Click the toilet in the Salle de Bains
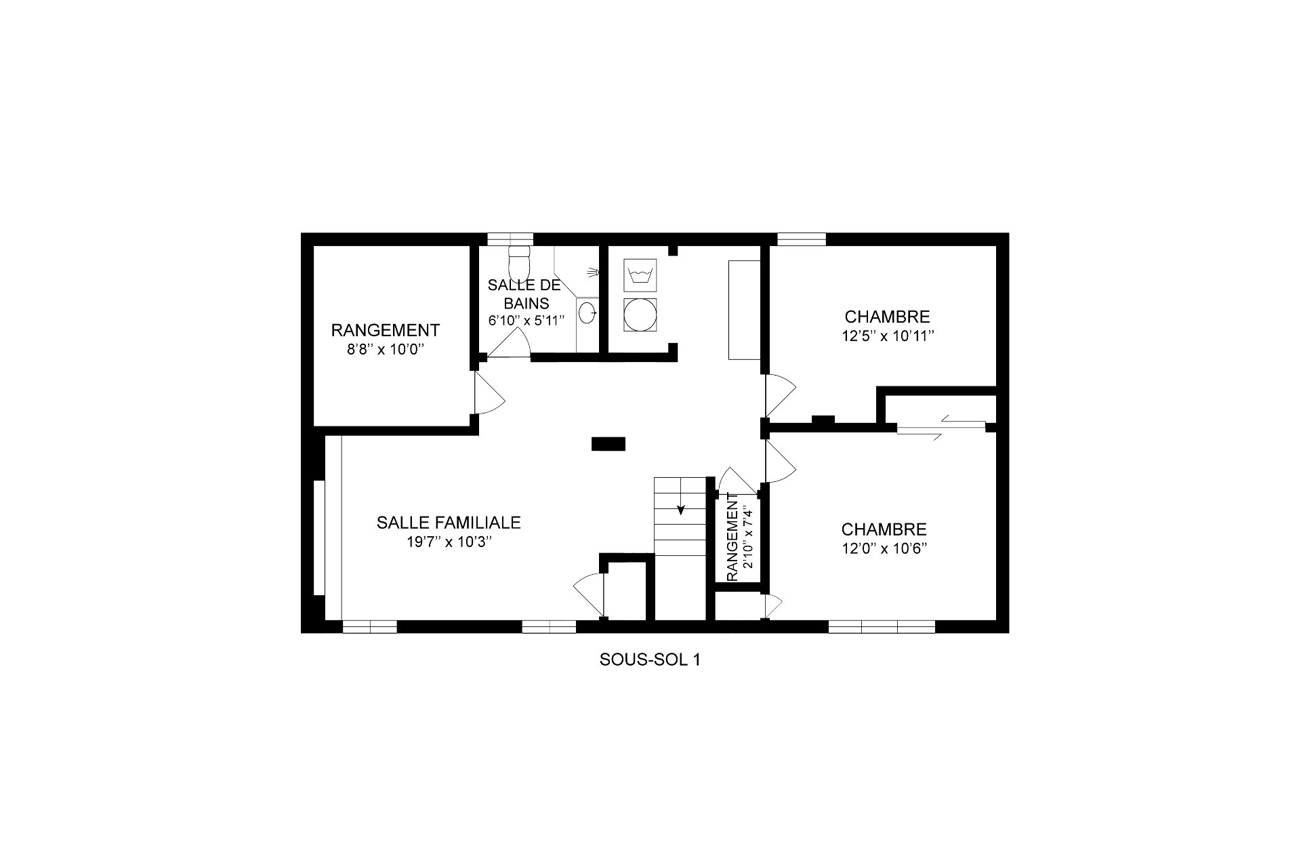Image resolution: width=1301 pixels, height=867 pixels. (519, 260)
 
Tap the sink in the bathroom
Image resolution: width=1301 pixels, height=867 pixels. (588, 313)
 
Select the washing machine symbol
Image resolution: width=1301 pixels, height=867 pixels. (640, 275)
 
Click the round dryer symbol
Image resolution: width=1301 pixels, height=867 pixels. (640, 315)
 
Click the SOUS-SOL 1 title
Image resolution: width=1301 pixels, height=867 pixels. (649, 660)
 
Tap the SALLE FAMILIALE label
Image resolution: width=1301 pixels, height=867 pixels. (449, 523)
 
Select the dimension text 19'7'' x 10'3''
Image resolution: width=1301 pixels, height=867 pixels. (449, 542)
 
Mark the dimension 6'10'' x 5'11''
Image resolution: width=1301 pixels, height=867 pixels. (526, 321)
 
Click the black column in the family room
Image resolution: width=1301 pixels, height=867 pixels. (608, 444)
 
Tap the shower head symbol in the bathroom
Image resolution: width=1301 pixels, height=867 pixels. (595, 272)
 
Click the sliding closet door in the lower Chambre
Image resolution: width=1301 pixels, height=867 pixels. (941, 428)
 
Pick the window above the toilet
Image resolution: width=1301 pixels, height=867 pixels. (511, 239)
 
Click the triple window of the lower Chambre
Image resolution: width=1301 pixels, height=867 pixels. (882, 626)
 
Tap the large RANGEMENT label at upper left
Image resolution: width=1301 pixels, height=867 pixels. (385, 330)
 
